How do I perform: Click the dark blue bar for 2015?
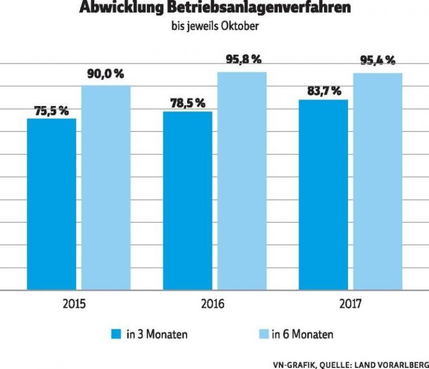[x=51, y=204]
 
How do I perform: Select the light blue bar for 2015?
[x=106, y=188]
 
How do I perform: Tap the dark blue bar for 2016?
[x=187, y=201]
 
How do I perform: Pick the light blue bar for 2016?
[x=241, y=181]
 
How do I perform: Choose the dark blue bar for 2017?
[x=323, y=195]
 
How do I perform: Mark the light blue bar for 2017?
[x=377, y=181]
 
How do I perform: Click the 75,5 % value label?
[x=51, y=111]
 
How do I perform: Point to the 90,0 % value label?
[x=106, y=74]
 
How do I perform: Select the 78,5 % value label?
[x=187, y=104]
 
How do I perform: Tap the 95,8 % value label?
[x=241, y=60]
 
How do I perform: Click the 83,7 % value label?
[x=323, y=91]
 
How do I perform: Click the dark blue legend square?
[x=116, y=334]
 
